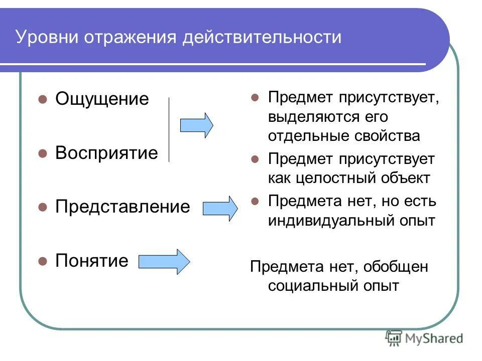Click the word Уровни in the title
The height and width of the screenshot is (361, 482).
[x=45, y=38]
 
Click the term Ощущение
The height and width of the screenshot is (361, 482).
[x=102, y=99]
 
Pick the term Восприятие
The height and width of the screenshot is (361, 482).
[x=106, y=153]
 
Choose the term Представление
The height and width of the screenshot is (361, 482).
[x=123, y=207]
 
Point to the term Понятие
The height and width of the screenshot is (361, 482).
[x=92, y=260]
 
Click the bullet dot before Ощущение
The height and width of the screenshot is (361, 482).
[x=43, y=99]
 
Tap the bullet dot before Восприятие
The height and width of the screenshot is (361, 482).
[x=43, y=153]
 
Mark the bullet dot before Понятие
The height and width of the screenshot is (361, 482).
[x=43, y=261]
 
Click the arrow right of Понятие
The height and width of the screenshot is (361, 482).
[x=164, y=261]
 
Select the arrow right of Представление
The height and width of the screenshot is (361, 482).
[x=220, y=208]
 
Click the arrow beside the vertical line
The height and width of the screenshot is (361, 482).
[x=196, y=125]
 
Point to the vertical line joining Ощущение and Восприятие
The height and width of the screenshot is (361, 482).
[x=169, y=129]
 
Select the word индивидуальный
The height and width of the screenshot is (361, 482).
[x=328, y=221]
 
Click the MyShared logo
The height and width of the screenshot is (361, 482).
[x=424, y=338]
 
